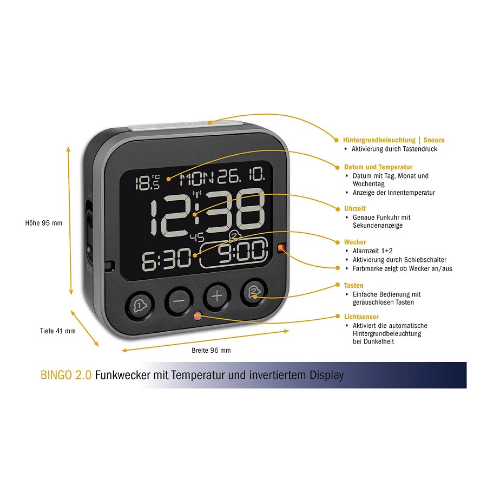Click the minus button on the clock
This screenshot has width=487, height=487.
click(179, 300)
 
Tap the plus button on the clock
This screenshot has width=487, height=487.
click(217, 296)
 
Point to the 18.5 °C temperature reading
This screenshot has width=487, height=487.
click(148, 182)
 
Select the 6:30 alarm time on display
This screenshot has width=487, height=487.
click(167, 259)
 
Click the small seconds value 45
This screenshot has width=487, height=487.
click(197, 238)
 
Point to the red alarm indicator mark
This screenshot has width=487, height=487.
click(281, 247)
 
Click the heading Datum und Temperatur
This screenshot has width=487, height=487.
click(378, 167)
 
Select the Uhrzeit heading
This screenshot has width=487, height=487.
click(354, 209)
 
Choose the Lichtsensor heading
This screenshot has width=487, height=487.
click(361, 317)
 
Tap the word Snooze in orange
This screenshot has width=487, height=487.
click(434, 140)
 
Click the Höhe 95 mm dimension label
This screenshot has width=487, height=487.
click(44, 223)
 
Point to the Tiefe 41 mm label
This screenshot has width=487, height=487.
click(58, 331)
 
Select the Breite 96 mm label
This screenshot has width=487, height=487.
click(211, 350)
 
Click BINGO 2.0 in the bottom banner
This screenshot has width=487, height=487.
click(66, 375)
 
